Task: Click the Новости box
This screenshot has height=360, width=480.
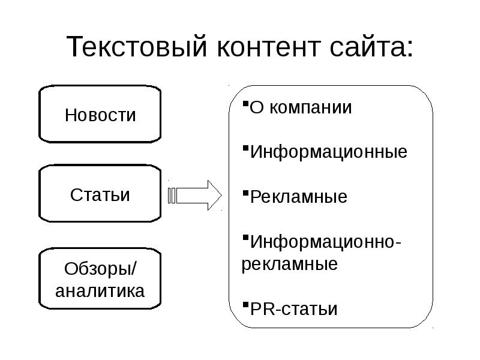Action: (x=100, y=115)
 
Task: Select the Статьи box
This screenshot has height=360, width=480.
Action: (x=100, y=195)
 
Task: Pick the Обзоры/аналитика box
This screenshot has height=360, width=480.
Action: (x=100, y=279)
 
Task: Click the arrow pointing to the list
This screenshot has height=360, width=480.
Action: (x=196, y=195)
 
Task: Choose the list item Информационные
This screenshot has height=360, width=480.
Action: (x=328, y=152)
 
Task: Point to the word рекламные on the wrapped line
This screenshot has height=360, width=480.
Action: (x=289, y=264)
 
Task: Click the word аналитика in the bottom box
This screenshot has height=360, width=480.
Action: (x=100, y=291)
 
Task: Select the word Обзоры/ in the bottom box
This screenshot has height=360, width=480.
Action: (x=100, y=268)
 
